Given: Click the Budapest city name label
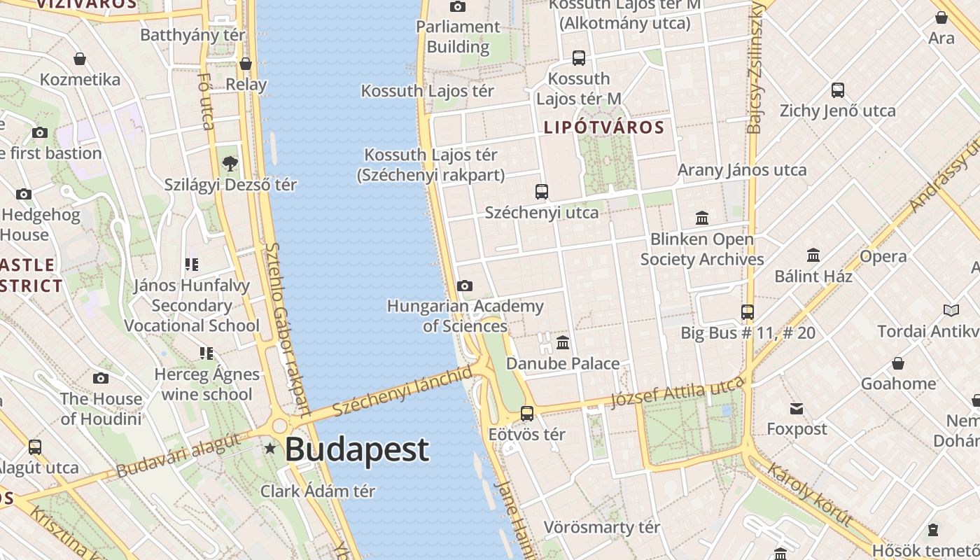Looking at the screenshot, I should point(356,449).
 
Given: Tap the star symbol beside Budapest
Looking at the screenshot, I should point(270,447).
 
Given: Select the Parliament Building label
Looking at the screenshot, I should point(458,37).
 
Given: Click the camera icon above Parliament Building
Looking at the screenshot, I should point(458,7).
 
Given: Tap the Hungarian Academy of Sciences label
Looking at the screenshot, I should point(465,316).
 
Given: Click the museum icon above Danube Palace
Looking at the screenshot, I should point(563,343).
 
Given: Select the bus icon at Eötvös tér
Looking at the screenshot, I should point(527,414).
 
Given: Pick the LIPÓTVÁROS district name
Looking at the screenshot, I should point(603,127).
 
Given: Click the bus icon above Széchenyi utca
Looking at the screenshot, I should point(541,191).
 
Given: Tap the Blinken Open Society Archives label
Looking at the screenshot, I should point(701,249).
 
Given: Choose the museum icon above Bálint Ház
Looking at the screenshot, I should point(813,255).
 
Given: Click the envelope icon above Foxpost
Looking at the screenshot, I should point(797,409).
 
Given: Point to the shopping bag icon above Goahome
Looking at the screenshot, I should point(898,363).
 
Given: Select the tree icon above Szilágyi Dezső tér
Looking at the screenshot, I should point(230,164).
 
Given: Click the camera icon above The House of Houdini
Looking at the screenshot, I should point(101,379).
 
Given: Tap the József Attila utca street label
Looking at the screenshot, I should point(677,392).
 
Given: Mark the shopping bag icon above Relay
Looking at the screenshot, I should point(246,64).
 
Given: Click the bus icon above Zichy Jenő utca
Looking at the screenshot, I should point(838,90).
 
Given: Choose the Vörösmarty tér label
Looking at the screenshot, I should point(602,527).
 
